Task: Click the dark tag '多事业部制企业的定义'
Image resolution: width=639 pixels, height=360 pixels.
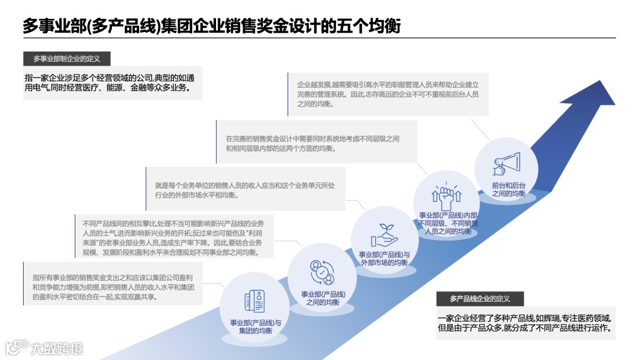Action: point(67,59)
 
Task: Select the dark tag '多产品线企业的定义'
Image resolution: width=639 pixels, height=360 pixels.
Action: point(480,298)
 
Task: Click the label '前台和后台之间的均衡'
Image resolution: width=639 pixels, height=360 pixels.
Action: point(509,189)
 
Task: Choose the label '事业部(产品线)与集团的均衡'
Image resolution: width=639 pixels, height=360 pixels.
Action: point(256,327)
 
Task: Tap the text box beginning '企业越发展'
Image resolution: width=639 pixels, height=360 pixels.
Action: point(388,94)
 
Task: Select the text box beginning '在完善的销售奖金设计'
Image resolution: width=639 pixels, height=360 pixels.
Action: point(317,143)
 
